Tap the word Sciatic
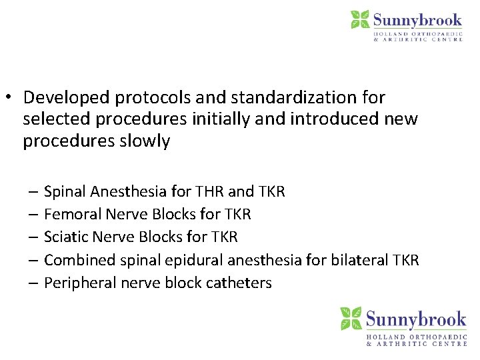[65, 237]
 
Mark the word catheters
[239, 283]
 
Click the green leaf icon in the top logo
[360, 19]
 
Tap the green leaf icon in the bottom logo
[351, 319]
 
